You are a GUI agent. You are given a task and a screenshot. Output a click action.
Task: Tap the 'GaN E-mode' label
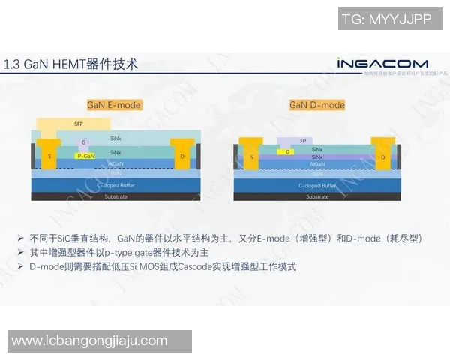[x=115, y=105]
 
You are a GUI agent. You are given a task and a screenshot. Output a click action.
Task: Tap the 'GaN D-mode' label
[x=317, y=105]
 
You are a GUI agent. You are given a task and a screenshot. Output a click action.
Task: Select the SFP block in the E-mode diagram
[x=79, y=124]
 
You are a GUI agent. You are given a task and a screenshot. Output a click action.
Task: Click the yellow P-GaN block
[x=85, y=155]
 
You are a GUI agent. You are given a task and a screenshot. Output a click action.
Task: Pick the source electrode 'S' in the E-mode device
[x=50, y=156]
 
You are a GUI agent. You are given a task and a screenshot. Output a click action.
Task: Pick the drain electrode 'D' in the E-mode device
[x=182, y=156]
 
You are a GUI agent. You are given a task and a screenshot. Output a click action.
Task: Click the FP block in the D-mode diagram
[x=302, y=141]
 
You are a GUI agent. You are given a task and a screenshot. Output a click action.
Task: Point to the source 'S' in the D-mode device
[x=252, y=157]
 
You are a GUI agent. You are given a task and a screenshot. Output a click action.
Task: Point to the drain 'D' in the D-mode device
[x=382, y=157]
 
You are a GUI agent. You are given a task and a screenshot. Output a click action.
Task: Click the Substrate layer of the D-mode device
[x=317, y=196]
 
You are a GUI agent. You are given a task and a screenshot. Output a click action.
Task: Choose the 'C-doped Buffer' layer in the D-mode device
[x=317, y=184]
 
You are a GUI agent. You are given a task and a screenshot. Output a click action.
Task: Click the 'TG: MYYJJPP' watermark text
[x=386, y=19]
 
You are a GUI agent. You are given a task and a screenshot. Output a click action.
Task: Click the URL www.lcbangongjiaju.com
[x=89, y=340]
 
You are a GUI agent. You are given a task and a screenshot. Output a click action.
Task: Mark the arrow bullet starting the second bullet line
[x=20, y=253]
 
